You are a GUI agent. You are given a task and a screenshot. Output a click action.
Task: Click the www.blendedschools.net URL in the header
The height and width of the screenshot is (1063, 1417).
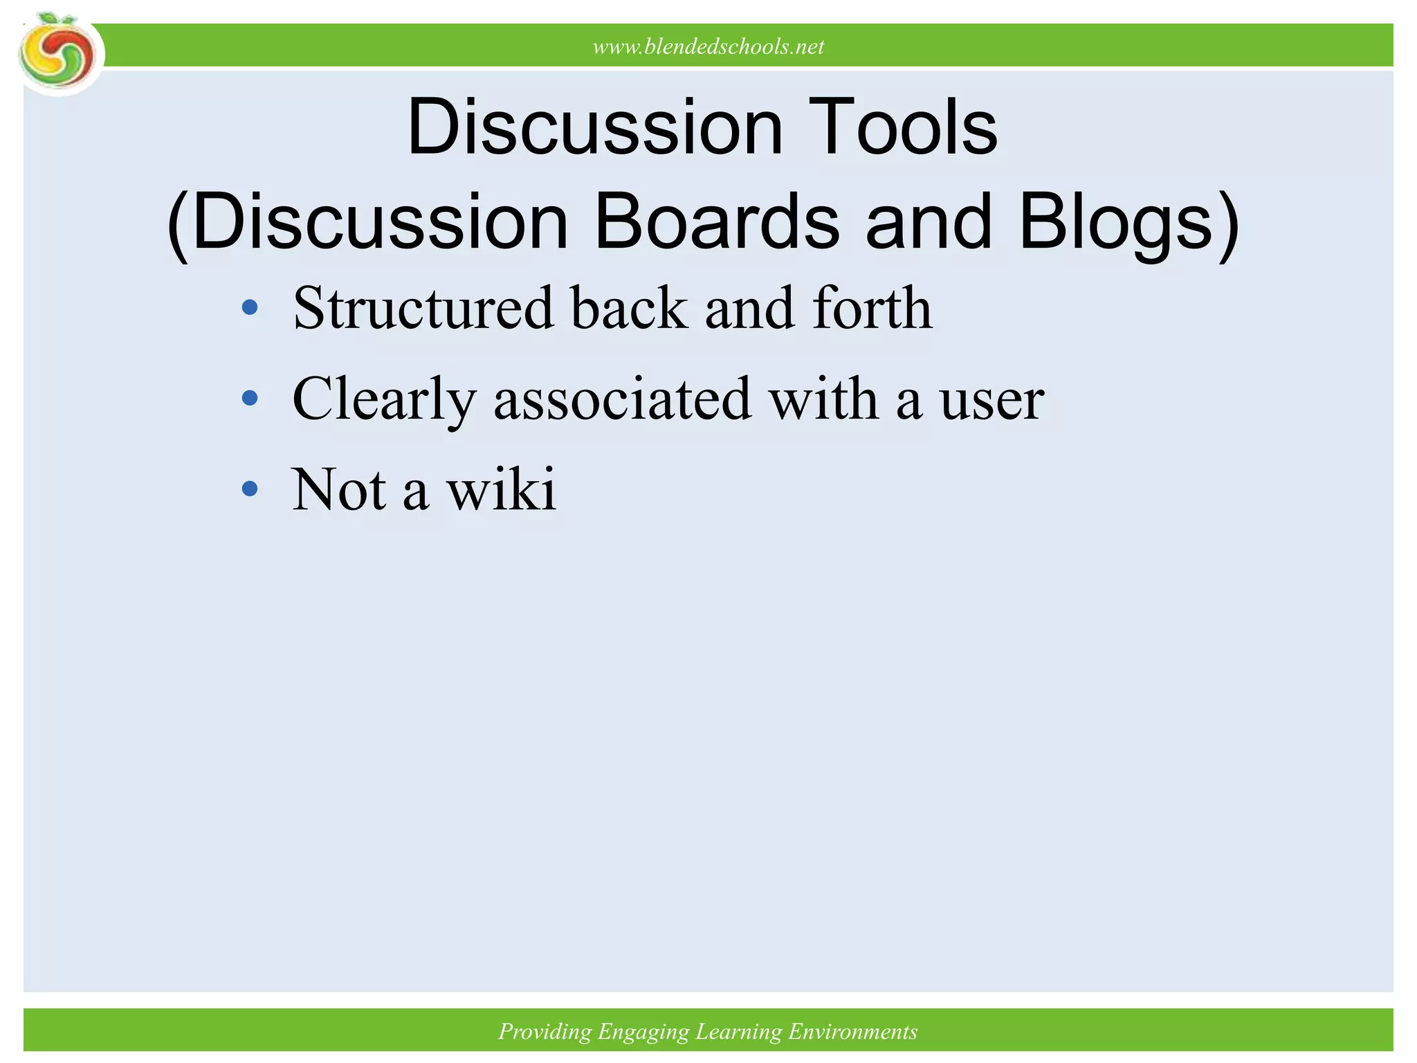[x=708, y=46]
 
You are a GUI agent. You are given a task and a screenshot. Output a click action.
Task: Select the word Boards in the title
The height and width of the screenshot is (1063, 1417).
[x=717, y=221]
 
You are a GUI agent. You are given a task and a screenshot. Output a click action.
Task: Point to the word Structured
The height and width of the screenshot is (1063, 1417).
[x=423, y=308]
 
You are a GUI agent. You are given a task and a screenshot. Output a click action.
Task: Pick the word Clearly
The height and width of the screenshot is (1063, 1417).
[x=384, y=399]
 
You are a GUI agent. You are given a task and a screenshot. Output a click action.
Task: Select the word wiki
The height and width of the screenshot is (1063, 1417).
[x=502, y=489]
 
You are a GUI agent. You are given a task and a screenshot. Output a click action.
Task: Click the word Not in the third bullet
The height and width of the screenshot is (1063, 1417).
[x=338, y=489]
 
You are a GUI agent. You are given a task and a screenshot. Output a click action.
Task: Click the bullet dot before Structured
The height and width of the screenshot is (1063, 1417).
[x=250, y=307]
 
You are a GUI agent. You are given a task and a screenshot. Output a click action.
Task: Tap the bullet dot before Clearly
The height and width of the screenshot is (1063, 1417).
[x=250, y=398]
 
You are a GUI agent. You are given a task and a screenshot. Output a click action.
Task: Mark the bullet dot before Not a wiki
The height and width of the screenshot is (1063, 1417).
[x=250, y=489]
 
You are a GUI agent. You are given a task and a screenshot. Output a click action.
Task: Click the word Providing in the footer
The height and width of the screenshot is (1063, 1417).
[x=545, y=1032]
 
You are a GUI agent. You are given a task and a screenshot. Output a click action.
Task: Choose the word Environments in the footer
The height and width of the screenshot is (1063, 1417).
[x=852, y=1032]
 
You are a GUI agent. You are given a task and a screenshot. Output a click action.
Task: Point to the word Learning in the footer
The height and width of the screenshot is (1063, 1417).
[x=738, y=1032]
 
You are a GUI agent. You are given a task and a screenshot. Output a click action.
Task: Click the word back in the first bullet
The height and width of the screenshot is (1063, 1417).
[x=629, y=308]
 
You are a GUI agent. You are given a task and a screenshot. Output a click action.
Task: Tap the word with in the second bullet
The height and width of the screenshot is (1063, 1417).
[x=823, y=399]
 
